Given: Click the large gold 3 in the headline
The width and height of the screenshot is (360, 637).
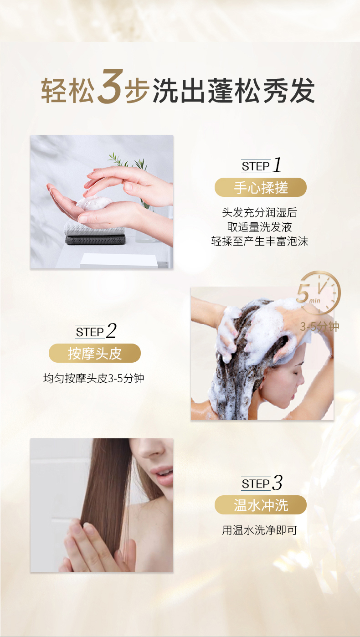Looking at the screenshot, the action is pos(111,87).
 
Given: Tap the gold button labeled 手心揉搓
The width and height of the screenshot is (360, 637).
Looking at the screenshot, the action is pos(261,187).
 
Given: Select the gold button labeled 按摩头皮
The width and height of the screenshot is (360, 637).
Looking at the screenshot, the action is pos(95,353).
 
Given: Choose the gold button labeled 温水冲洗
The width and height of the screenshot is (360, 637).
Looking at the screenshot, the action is pos(261,505).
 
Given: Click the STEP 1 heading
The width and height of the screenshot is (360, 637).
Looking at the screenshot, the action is pos(261,165).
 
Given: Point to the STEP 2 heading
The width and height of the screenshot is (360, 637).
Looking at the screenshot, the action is pos(96,331).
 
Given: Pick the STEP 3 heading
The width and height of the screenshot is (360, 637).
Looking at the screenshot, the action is pos(262,483).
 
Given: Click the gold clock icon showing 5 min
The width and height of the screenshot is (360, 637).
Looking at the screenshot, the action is pos(319,293).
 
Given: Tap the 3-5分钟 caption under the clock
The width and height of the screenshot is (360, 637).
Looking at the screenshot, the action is pos(319,327).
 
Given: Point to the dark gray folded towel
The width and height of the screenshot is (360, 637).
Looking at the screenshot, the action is pos(95,239).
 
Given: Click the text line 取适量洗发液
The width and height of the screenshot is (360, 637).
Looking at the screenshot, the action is pos(260,227).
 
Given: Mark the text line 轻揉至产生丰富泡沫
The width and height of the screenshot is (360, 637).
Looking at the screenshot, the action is pos(260,241).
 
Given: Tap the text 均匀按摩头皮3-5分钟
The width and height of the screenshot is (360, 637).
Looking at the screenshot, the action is pos(94,379).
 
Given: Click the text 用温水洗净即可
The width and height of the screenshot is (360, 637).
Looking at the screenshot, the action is pos(260,530).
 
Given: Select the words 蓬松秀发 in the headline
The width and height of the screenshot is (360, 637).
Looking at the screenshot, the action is pos(261,90).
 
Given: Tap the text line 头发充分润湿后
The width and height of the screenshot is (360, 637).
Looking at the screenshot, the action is pos(260,212).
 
